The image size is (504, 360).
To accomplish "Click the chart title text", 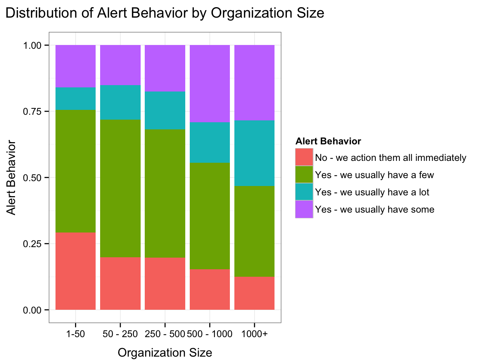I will coord(165,13).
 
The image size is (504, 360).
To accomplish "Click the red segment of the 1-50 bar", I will coord(75,271).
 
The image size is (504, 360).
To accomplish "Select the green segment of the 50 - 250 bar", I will coord(120,188).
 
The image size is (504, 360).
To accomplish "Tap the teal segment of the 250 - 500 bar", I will coord(165,110).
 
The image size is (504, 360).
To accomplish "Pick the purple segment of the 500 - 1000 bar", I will coord(210,83).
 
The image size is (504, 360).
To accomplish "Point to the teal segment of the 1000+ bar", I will coord(254,153).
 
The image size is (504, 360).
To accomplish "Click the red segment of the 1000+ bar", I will coord(254,293).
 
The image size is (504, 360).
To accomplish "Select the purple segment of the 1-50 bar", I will coord(75,66).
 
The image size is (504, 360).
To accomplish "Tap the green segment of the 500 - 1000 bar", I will coord(210,216).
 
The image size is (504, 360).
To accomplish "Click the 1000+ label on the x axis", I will coord(254,334).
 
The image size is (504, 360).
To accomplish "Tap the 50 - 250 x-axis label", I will coord(120,334).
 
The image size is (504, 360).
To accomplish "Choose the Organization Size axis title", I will coord(165,352).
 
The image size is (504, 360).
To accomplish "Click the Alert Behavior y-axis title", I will coord(12,177).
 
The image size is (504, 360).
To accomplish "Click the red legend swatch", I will coord(304,157).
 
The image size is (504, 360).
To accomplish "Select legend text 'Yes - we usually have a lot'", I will coord(372,192).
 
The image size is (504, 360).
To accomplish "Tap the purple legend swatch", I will coord(304,209).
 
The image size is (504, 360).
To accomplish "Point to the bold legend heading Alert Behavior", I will coord(328,141).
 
